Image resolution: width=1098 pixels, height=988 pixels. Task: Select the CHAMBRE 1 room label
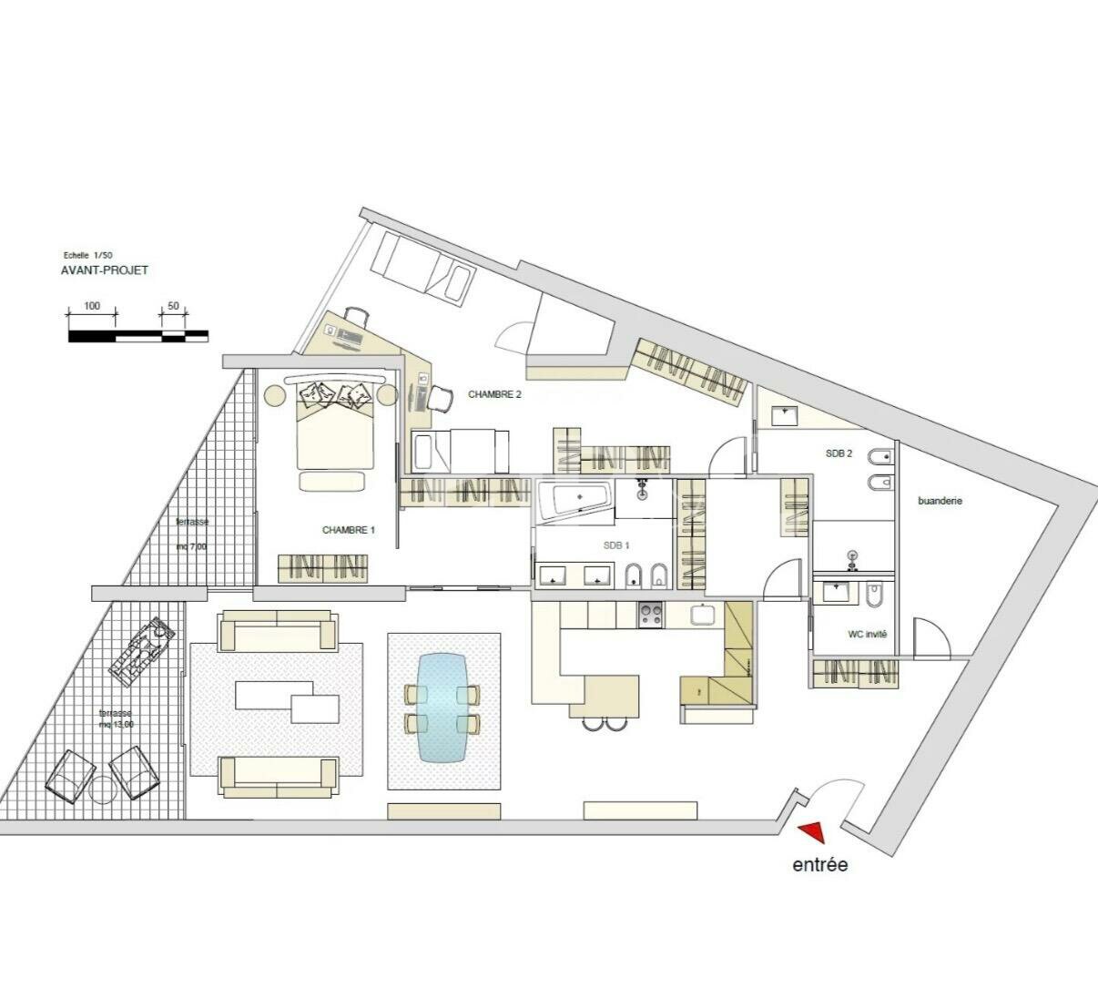click(349, 530)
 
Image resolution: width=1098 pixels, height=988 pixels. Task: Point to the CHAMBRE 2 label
click(494, 394)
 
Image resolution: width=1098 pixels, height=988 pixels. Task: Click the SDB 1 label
click(616, 545)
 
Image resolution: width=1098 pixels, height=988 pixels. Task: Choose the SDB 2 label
click(839, 453)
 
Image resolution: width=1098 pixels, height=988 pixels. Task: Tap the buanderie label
click(940, 501)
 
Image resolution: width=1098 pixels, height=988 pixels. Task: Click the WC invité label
click(867, 635)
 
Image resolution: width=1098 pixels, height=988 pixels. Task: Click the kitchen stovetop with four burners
click(650, 614)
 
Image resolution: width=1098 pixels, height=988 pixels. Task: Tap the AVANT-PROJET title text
click(105, 270)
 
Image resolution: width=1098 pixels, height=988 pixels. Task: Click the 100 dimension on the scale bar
click(92, 306)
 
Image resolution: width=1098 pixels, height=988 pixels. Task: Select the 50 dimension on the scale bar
click(174, 306)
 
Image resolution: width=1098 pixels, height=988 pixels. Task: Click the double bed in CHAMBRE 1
click(335, 430)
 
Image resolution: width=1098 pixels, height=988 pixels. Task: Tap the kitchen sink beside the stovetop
click(703, 614)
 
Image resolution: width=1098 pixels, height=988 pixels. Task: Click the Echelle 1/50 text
click(88, 255)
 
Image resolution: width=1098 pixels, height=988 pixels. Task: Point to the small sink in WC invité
click(837, 593)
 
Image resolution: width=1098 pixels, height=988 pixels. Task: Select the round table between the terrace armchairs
click(102, 789)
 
